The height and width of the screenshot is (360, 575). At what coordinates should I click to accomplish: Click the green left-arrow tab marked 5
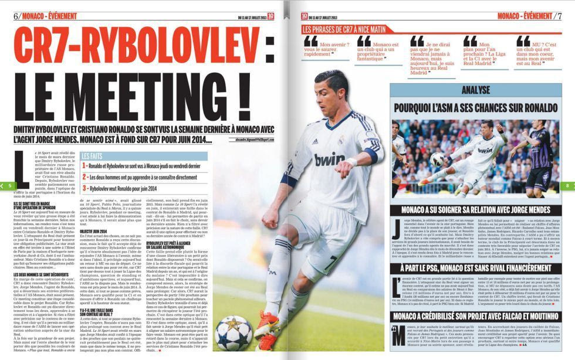click(x=8, y=185)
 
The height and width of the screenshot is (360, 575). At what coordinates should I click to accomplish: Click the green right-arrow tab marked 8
click(x=567, y=185)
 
